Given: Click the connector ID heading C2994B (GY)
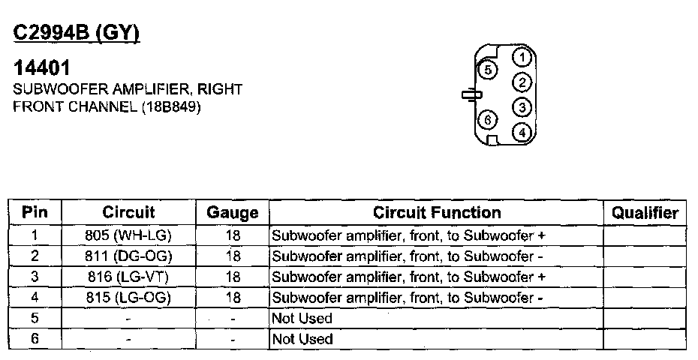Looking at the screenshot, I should coord(77,34).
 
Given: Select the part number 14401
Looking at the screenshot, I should coord(43,68).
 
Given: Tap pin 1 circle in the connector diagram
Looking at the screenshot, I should coord(523,58).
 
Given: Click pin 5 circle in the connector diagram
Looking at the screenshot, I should coord(488,70).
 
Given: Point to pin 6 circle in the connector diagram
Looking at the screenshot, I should coord(488,119).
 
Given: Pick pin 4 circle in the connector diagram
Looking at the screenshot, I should coord(523,132).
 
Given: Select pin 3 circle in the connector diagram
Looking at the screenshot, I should coord(523,107).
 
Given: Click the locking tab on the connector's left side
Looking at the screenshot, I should coord(470,95).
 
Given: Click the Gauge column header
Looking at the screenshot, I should coord(233,213).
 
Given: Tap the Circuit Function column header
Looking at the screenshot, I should coord(437,212).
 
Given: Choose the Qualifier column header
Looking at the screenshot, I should coord(645,212).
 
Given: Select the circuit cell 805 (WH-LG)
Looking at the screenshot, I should coord(129,235).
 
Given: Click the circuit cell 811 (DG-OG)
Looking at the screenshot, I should coord(129,256).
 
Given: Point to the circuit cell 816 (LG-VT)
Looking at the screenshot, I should coord(129,277).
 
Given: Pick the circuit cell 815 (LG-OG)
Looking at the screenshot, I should coord(129,298).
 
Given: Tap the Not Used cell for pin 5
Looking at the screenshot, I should coord(302,318).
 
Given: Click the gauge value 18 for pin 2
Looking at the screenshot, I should coord(233,256).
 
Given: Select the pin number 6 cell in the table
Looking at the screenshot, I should coord(35,339).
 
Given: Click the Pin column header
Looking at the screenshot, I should coord(35,212).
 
